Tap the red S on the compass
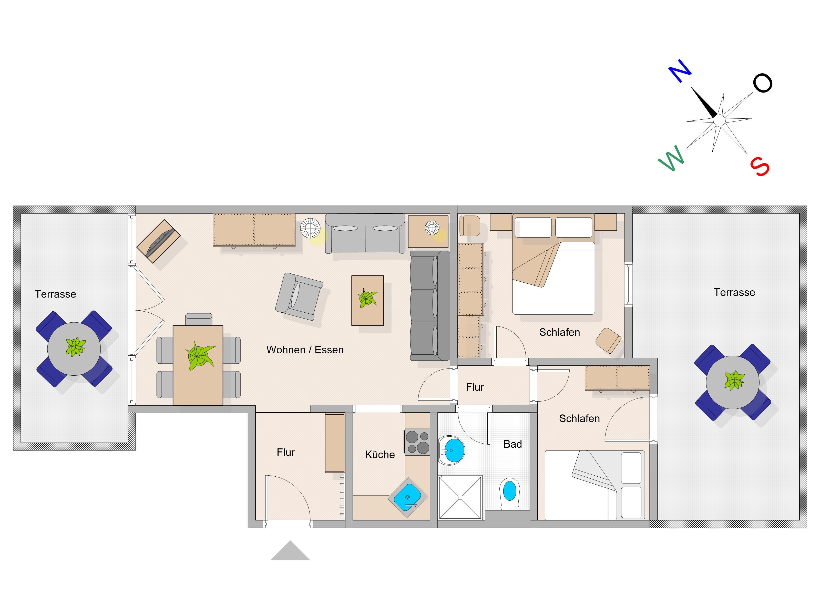(x=760, y=167)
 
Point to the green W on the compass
(x=671, y=158)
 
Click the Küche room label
(x=380, y=455)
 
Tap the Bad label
(x=512, y=444)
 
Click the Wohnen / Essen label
(x=305, y=350)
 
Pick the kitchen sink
(x=407, y=497)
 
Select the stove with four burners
(x=417, y=442)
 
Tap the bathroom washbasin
(x=452, y=450)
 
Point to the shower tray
(x=460, y=497)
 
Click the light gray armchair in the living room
(x=299, y=296)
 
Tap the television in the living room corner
(x=158, y=241)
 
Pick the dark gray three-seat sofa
(x=430, y=305)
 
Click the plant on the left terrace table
(x=76, y=347)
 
